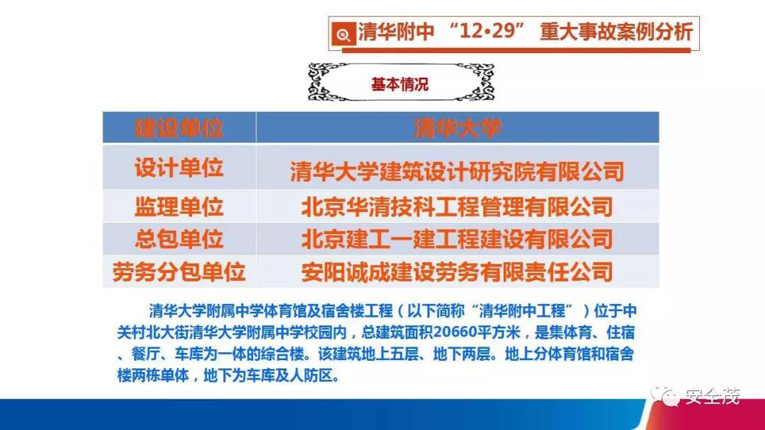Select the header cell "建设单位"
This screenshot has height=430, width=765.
pos(178,128)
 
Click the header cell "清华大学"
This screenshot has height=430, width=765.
pos(457,128)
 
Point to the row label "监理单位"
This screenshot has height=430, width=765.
pos(178,207)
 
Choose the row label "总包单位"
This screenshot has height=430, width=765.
pos(178,238)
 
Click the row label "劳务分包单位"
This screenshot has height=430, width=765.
pos(178,271)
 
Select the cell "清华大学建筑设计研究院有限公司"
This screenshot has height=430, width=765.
pos(457,172)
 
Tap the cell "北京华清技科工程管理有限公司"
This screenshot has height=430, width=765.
pos(457,207)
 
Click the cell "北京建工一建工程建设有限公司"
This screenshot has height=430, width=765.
pos(457,238)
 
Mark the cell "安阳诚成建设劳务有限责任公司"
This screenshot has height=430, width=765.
pos(457,271)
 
